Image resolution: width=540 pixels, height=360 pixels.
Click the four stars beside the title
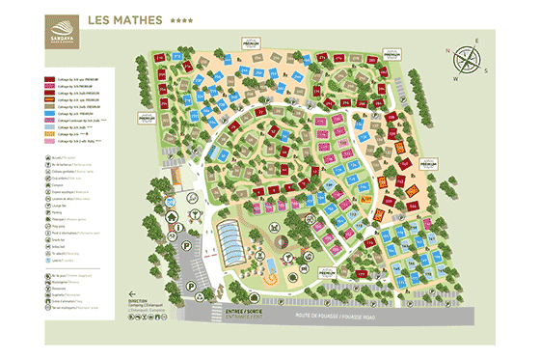click(x=180, y=20)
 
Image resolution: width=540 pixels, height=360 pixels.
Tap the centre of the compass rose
click(x=469, y=60)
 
